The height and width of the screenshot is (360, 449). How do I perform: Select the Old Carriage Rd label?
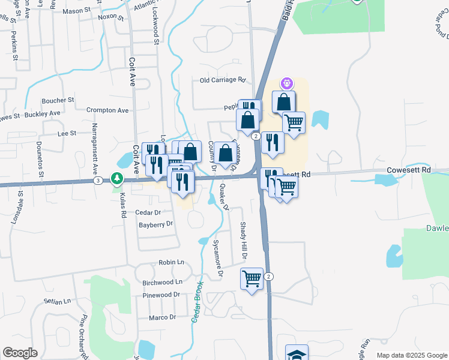pyautogui.click(x=223, y=80)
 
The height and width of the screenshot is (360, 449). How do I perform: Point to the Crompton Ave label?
pyautogui.click(x=107, y=110)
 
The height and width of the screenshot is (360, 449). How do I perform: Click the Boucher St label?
pyautogui.click(x=58, y=100)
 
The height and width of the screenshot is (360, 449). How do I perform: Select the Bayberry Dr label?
pyautogui.click(x=155, y=224)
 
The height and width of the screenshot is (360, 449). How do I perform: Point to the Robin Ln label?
pyautogui.click(x=171, y=263)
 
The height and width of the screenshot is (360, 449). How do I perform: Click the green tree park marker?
pyautogui.click(x=118, y=179)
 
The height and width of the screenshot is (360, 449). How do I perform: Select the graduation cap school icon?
pyautogui.click(x=297, y=354)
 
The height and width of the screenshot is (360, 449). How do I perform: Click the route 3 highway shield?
pyautogui.click(x=97, y=180)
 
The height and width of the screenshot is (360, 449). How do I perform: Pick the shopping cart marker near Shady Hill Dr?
pyautogui.click(x=252, y=278)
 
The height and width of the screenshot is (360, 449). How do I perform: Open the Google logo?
pyautogui.click(x=20, y=353)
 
